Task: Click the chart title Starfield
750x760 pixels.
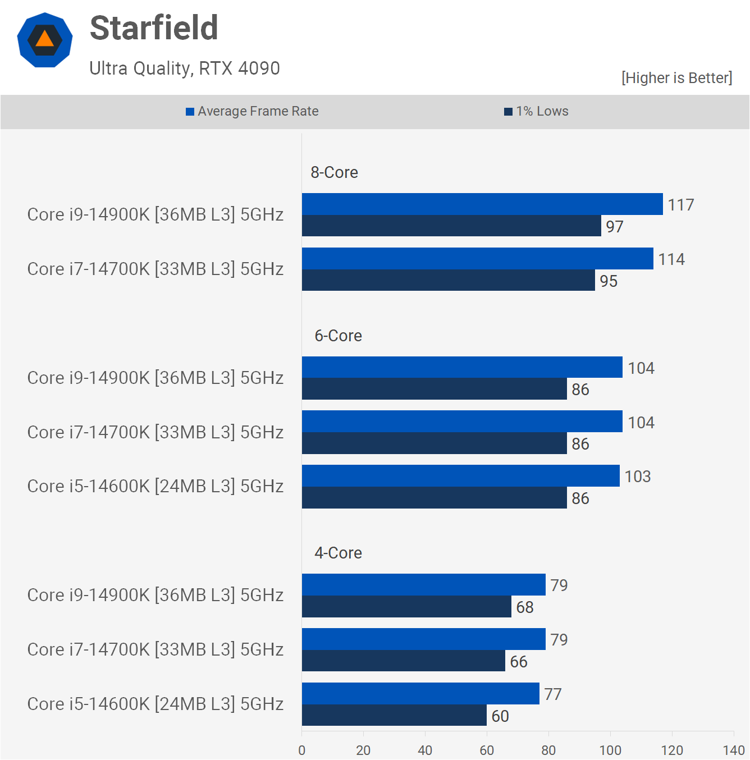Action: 154,28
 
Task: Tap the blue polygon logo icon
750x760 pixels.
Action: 45,40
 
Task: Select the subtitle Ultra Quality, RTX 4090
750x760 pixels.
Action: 185,68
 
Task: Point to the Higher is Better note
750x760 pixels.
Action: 676,78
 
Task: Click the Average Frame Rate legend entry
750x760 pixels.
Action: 253,111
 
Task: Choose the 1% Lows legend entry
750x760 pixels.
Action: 537,111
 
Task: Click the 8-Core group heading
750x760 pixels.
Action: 335,172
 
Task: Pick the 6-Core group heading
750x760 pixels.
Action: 338,336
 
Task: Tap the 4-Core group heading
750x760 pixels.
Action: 338,553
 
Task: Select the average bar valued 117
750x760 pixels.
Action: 482,204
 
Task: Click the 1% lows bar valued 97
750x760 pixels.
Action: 451,226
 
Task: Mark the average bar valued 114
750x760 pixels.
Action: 478,259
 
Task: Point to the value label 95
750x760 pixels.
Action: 609,281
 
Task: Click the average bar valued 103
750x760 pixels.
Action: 461,476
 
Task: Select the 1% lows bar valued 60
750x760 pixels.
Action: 394,715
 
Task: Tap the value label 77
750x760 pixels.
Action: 553,694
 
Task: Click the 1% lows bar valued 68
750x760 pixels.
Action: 406,607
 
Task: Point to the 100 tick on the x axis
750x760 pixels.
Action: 610,750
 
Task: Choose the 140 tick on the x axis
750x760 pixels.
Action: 734,750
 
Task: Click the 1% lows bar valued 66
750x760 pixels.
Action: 404,661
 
